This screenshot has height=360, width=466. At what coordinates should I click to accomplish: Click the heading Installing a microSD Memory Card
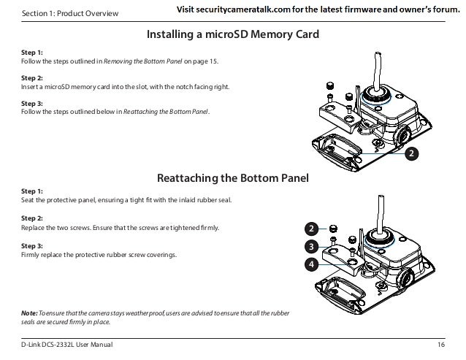pos(233,34)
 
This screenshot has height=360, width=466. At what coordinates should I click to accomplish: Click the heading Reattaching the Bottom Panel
pos(233,177)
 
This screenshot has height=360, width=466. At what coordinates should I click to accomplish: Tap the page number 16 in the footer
pos(440,343)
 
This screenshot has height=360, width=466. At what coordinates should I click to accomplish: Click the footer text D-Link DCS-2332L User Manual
pos(67,343)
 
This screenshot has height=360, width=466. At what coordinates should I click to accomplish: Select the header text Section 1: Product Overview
pos(61,13)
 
